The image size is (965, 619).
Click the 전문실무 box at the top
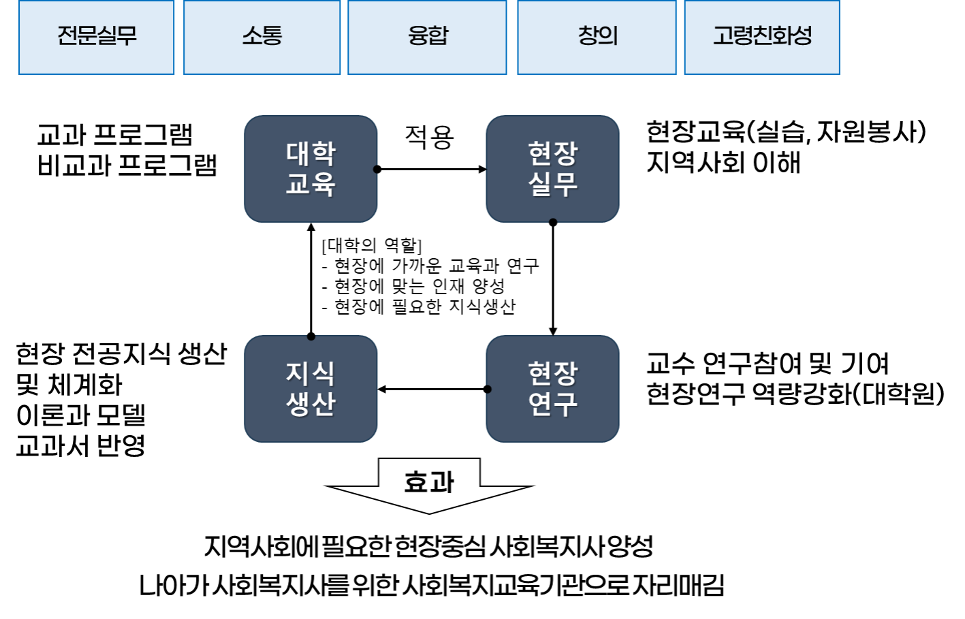tap(96, 37)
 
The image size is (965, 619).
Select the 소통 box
tap(262, 37)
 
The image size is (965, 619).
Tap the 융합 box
tap(427, 37)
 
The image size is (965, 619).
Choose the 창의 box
tap(597, 37)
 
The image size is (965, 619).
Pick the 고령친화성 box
tap(761, 37)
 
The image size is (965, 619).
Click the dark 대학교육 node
tap(311, 169)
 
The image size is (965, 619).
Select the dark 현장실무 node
tap(552, 169)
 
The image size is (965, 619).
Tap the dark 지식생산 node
tap(311, 389)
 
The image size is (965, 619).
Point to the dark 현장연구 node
tap(552, 389)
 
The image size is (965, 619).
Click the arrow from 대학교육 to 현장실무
tap(431, 169)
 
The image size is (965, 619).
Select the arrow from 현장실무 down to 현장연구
tap(553, 279)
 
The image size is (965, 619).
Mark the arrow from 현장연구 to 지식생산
tap(432, 390)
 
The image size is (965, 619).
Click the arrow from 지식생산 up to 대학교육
tap(311, 279)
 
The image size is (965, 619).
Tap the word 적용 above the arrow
tap(429, 137)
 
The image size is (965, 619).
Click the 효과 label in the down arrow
tap(429, 482)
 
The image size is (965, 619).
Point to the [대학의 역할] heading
tap(372, 245)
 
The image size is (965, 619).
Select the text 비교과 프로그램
tap(127, 165)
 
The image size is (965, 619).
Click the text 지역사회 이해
tap(723, 163)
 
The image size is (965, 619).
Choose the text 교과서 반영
tap(80, 445)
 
